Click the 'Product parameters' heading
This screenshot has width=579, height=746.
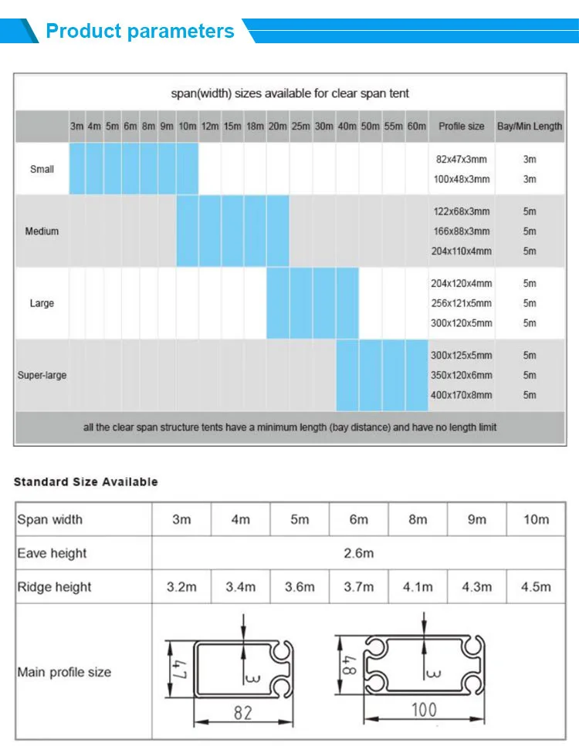point(140,32)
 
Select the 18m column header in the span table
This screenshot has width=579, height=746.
point(255,126)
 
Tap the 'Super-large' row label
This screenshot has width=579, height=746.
point(42,376)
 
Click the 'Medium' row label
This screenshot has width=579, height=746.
point(42,231)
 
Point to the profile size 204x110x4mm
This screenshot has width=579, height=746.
point(461,251)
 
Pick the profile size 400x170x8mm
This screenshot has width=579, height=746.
point(461,395)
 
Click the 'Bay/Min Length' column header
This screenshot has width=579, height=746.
point(530,126)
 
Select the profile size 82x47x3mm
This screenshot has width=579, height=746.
point(461,159)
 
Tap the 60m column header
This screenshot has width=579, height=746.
point(416,126)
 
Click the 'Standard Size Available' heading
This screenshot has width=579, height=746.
point(86,481)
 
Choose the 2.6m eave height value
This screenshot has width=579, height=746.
point(358,553)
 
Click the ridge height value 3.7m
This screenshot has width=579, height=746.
point(358,587)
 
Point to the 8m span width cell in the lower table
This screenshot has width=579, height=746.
point(418,519)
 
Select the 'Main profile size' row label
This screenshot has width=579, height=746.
point(64,672)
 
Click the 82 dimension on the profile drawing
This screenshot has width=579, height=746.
point(242,713)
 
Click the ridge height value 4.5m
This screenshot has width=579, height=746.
point(536,587)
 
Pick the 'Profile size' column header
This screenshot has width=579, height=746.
point(461,126)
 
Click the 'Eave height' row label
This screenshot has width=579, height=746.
point(52,553)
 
